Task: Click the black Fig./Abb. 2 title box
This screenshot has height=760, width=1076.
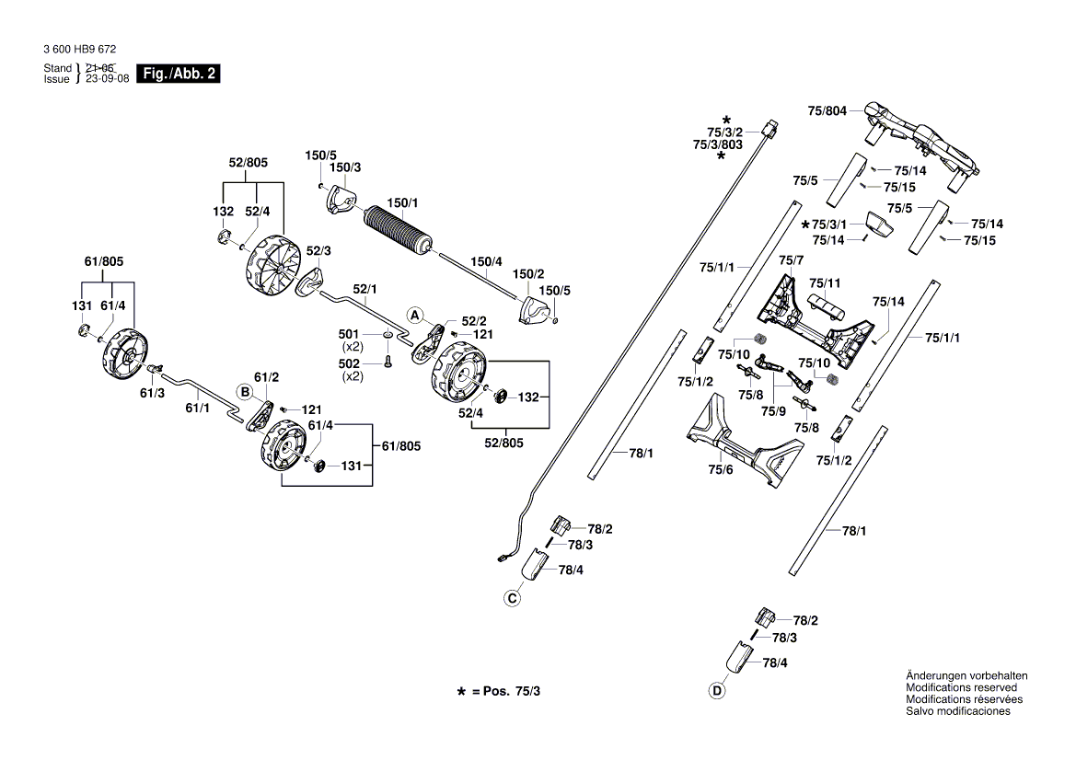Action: [x=177, y=74]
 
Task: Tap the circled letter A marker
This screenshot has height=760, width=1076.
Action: [x=415, y=315]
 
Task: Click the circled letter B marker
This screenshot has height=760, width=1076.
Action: [x=245, y=391]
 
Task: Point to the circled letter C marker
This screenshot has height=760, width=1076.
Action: [x=512, y=599]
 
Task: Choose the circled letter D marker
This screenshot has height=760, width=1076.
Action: [x=716, y=691]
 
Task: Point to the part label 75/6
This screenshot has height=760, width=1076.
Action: [x=720, y=469]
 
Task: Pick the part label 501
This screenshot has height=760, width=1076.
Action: [x=349, y=334]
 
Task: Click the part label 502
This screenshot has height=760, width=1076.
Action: [x=349, y=364]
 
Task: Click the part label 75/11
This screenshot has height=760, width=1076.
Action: [x=825, y=282]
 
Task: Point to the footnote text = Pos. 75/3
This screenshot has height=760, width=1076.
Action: [x=505, y=690]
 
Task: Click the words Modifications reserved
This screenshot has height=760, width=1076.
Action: [x=961, y=687]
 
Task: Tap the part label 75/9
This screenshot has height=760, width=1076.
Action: [x=772, y=412]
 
